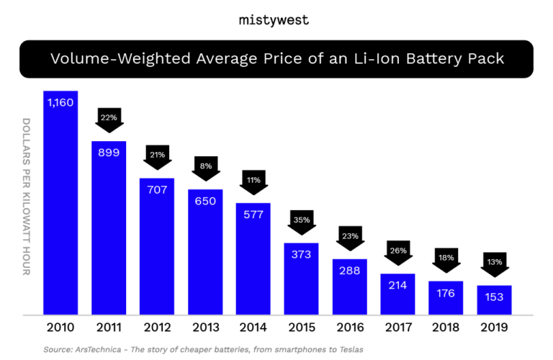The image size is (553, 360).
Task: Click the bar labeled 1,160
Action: click(60, 202)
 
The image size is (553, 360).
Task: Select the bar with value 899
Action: click(109, 228)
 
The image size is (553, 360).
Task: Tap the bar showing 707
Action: click(157, 246)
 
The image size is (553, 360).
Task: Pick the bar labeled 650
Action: click(206, 251)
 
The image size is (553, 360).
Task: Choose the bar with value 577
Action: click(253, 258)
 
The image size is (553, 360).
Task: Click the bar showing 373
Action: click(301, 279)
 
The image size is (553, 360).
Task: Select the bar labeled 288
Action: click(349, 287)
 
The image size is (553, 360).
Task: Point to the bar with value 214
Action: click(397, 294)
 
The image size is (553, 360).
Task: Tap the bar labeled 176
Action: click(446, 297)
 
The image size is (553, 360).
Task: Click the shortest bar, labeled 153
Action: click(495, 300)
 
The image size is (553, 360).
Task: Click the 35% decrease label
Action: click(302, 220)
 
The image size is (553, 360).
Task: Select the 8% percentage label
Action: click(206, 166)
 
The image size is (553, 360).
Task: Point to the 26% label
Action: click(398, 251)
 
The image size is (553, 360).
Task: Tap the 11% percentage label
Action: click(253, 180)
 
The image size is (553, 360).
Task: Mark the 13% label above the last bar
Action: click(495, 262)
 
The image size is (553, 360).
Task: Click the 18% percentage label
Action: click(446, 258)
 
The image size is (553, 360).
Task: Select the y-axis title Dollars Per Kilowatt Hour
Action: click(27, 197)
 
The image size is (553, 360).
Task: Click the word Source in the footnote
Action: click(57, 349)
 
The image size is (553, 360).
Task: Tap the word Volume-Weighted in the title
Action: click(105, 59)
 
